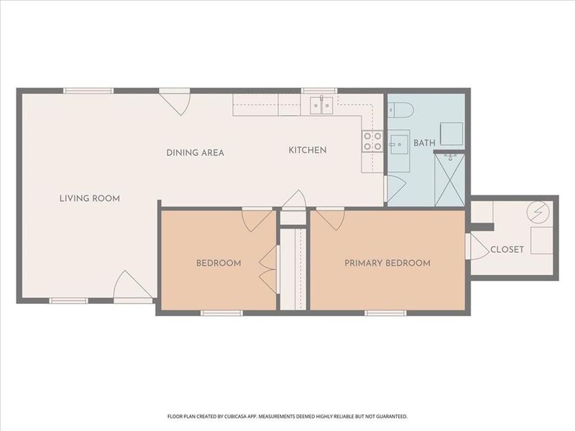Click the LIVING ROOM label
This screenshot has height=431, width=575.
click(x=89, y=198)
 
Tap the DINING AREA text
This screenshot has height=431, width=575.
click(x=195, y=152)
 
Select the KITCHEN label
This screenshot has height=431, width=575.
click(x=308, y=150)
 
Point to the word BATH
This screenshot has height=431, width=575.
click(x=424, y=143)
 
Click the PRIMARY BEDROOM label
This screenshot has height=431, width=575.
click(x=387, y=263)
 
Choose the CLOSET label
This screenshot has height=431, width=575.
click(x=507, y=250)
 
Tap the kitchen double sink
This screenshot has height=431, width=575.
click(x=321, y=106)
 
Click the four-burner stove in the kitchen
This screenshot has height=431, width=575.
click(x=372, y=141)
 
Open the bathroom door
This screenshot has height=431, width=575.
click(x=392, y=188)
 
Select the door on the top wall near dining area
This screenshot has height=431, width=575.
click(x=175, y=101)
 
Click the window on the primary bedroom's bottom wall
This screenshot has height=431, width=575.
click(x=386, y=312)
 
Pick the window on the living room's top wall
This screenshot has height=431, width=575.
click(x=88, y=91)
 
